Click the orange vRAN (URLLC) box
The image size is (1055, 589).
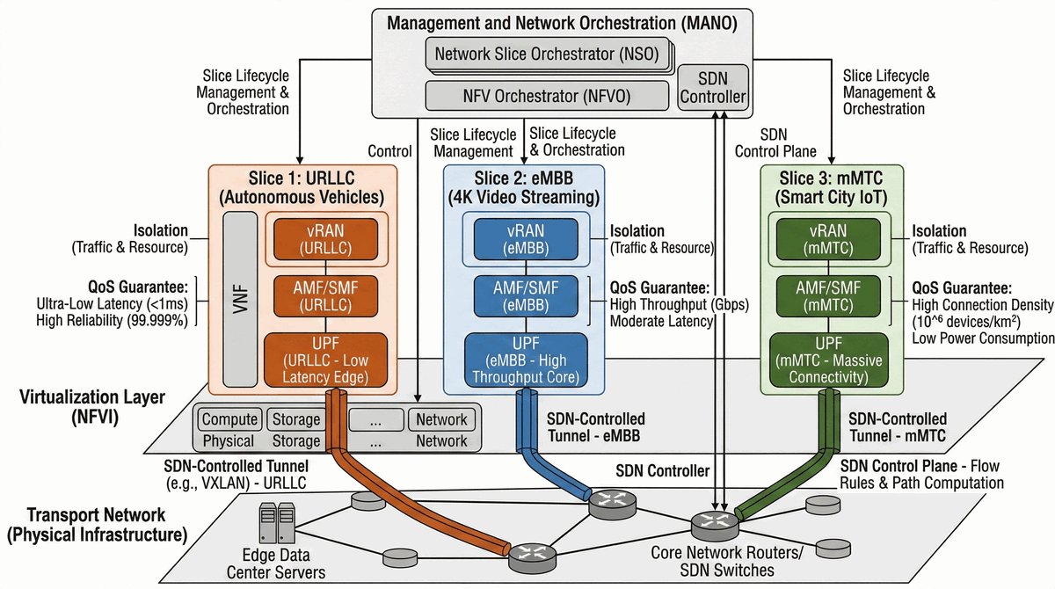pos(325,236)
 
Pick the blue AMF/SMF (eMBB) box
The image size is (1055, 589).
pos(526,296)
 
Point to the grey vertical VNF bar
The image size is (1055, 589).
pos(235,299)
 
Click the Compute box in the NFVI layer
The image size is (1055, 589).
pos(229,419)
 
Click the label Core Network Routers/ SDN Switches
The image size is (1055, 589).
pos(717,563)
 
